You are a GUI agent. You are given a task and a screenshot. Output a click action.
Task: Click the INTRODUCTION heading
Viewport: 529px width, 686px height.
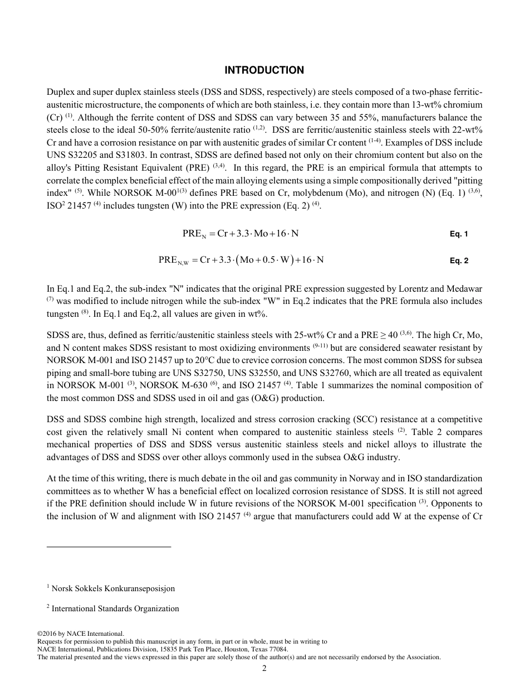(x=264, y=70)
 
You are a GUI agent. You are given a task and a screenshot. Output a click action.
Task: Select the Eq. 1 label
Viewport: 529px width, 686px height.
(x=458, y=234)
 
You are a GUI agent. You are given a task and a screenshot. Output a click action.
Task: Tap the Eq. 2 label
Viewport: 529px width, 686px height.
(x=458, y=260)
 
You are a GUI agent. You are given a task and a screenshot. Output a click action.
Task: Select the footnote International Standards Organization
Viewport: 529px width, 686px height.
(x=115, y=608)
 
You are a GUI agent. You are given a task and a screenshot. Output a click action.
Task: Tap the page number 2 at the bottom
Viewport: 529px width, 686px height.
(x=264, y=669)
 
